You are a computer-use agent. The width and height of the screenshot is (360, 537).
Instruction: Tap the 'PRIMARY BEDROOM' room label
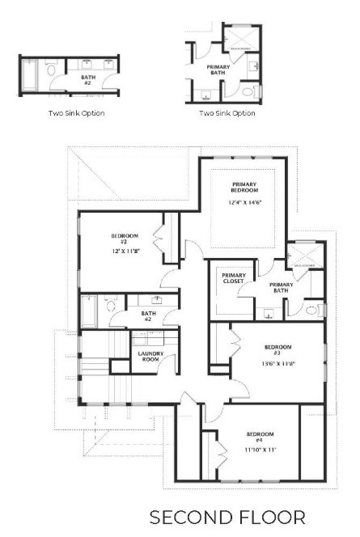244,188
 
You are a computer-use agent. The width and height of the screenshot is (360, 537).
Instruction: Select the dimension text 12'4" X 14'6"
244,202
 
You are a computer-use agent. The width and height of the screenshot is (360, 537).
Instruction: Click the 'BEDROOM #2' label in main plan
125,239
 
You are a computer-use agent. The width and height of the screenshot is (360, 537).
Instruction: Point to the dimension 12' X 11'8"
125,252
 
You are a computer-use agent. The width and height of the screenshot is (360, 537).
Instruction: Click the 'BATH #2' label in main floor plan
148,316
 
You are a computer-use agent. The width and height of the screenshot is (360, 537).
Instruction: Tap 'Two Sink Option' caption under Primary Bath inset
227,113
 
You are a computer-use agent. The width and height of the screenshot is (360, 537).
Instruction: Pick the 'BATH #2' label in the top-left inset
87,79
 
